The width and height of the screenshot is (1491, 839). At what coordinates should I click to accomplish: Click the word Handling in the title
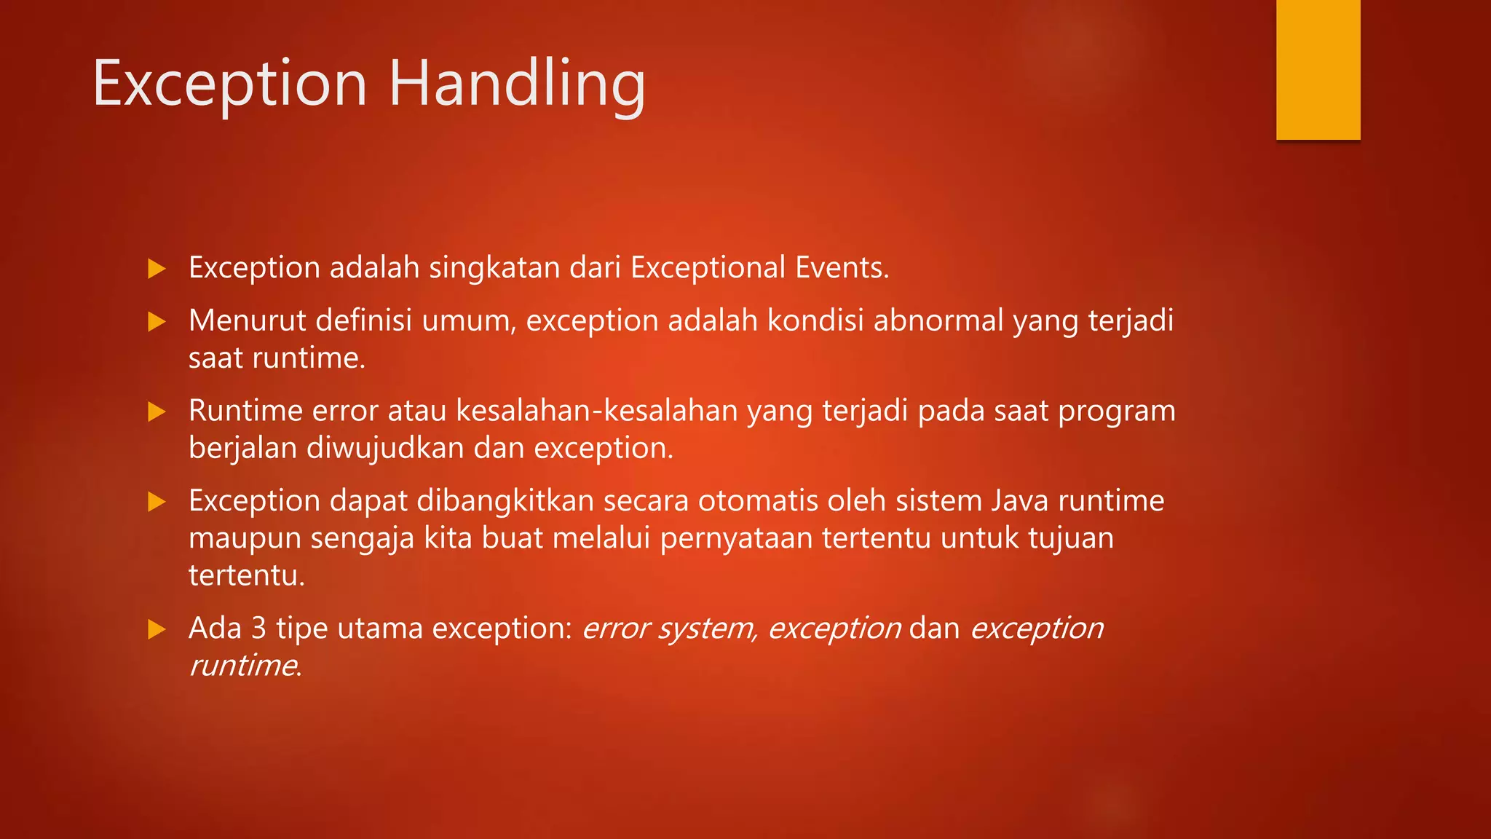click(517, 85)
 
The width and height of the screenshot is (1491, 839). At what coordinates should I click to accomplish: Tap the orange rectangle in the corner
click(1318, 69)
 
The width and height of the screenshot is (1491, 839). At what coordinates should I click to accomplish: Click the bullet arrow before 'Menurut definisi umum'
click(157, 322)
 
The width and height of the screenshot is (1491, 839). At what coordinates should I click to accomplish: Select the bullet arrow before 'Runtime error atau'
click(157, 412)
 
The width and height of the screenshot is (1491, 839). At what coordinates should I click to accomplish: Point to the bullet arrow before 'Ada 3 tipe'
click(157, 629)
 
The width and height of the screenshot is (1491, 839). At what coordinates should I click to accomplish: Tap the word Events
click(841, 268)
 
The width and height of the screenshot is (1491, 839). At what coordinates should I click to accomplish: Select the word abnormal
click(938, 321)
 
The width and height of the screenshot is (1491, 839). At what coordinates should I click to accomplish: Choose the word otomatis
click(755, 501)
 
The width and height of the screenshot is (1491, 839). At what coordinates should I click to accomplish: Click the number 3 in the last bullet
click(258, 629)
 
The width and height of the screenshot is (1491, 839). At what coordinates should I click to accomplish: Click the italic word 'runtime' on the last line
click(242, 666)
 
